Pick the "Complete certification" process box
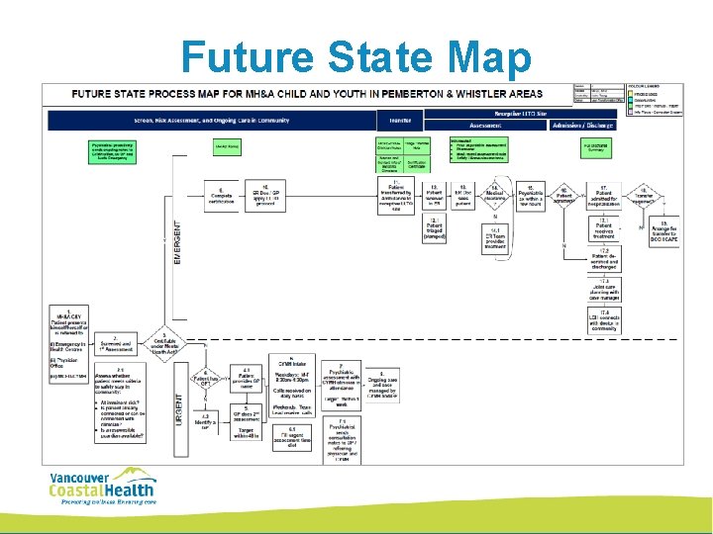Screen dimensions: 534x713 (222, 193)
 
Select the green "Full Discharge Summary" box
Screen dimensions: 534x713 (595, 148)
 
